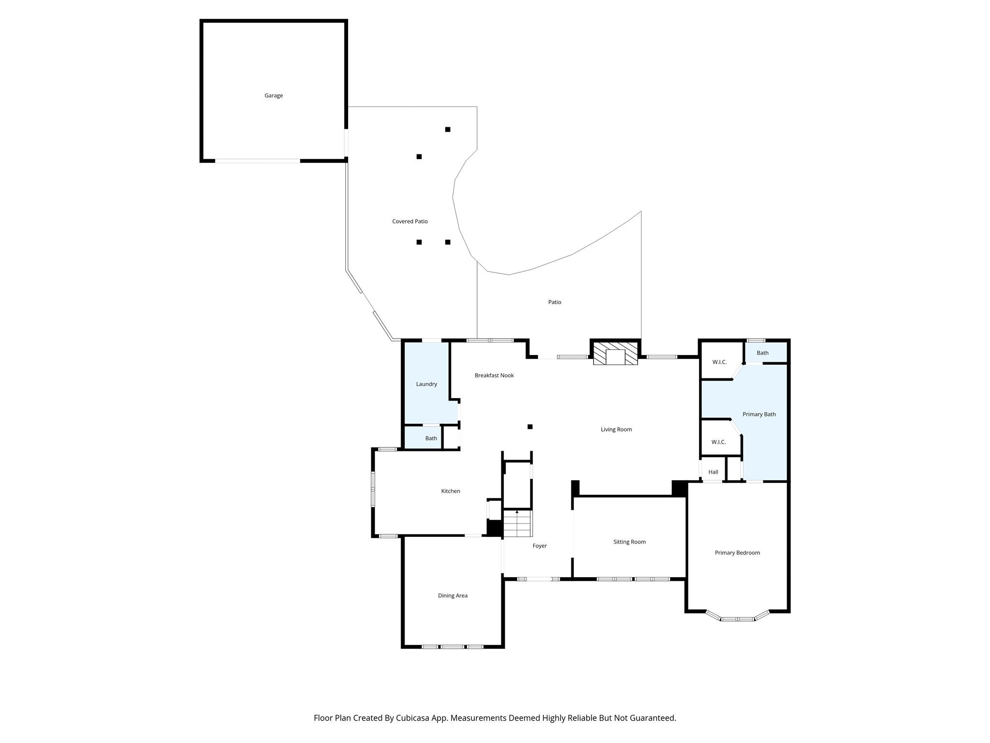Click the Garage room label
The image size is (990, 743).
click(274, 96)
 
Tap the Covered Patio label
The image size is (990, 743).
click(410, 222)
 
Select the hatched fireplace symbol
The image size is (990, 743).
click(615, 354)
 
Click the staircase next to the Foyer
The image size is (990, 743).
click(518, 523)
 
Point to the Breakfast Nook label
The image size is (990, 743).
click(494, 375)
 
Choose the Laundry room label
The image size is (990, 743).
click(426, 384)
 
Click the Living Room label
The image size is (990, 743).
click(616, 430)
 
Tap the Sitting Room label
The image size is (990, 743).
click(629, 542)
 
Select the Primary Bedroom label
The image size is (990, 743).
click(737, 553)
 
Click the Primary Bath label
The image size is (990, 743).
click(759, 415)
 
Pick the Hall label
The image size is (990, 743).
click(713, 472)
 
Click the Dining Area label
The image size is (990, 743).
click(452, 596)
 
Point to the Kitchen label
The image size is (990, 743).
click(451, 491)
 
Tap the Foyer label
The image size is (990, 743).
click(539, 546)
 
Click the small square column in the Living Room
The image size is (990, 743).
click(530, 427)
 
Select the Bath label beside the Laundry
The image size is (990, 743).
click(431, 439)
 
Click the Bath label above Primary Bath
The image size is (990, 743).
click(762, 353)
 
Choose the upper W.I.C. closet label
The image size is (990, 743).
click(719, 362)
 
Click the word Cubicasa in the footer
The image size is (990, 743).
click(417, 718)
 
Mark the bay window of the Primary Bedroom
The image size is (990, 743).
click(737, 617)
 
